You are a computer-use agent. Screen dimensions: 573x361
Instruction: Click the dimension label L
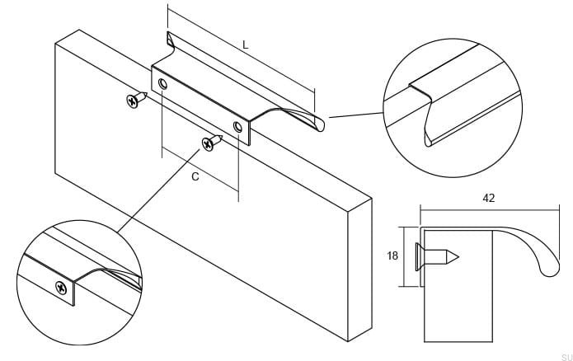[246, 45]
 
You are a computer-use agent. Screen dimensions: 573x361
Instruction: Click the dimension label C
[195, 177]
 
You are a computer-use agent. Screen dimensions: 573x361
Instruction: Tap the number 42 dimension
[489, 198]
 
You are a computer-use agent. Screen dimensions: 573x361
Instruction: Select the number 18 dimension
[392, 256]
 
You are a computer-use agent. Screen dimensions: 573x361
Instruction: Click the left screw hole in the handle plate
[163, 84]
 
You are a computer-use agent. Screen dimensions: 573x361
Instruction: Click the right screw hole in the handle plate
[238, 127]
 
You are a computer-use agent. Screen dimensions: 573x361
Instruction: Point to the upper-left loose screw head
[132, 101]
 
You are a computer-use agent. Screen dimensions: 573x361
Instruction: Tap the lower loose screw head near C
[208, 144]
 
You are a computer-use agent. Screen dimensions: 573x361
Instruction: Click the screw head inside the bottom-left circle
[61, 288]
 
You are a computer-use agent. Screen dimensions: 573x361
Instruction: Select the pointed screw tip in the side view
[458, 258]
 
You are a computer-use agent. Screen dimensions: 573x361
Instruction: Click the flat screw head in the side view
[418, 257]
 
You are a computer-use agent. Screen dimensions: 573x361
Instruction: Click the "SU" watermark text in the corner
[567, 357]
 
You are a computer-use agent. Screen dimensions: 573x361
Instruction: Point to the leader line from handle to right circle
[356, 115]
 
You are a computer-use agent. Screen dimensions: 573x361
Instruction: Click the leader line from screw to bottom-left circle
[158, 190]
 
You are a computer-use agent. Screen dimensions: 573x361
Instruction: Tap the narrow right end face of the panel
[360, 270]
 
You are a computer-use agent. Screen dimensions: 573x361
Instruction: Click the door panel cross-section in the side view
[458, 286]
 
